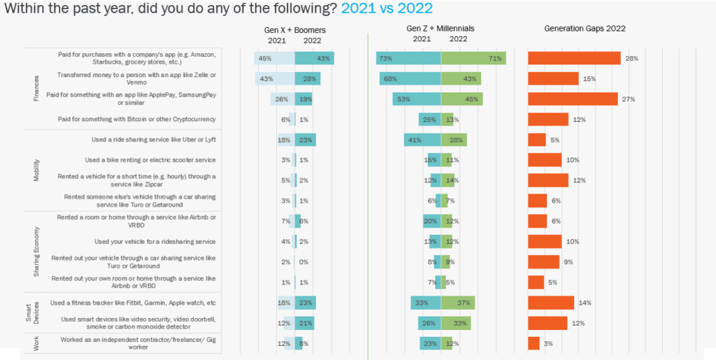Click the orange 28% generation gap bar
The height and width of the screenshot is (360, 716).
tap(574, 58)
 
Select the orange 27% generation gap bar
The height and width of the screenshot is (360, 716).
tap(573, 99)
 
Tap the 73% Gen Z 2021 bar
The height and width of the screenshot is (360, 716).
tap(408, 58)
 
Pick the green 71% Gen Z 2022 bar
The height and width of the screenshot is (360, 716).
tap(473, 58)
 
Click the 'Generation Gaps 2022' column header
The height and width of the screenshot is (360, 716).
tap(585, 29)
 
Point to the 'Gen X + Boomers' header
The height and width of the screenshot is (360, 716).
tap(299, 29)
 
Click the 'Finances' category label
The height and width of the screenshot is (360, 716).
tap(36, 88)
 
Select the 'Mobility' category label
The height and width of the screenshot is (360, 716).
tap(36, 170)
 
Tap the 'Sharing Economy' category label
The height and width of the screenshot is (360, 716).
tap(36, 251)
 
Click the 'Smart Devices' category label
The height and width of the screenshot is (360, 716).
tap(36, 313)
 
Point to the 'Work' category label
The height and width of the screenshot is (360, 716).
tap(36, 343)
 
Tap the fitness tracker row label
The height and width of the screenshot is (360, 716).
tap(133, 303)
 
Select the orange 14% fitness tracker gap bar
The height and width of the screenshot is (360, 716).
tap(551, 303)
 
